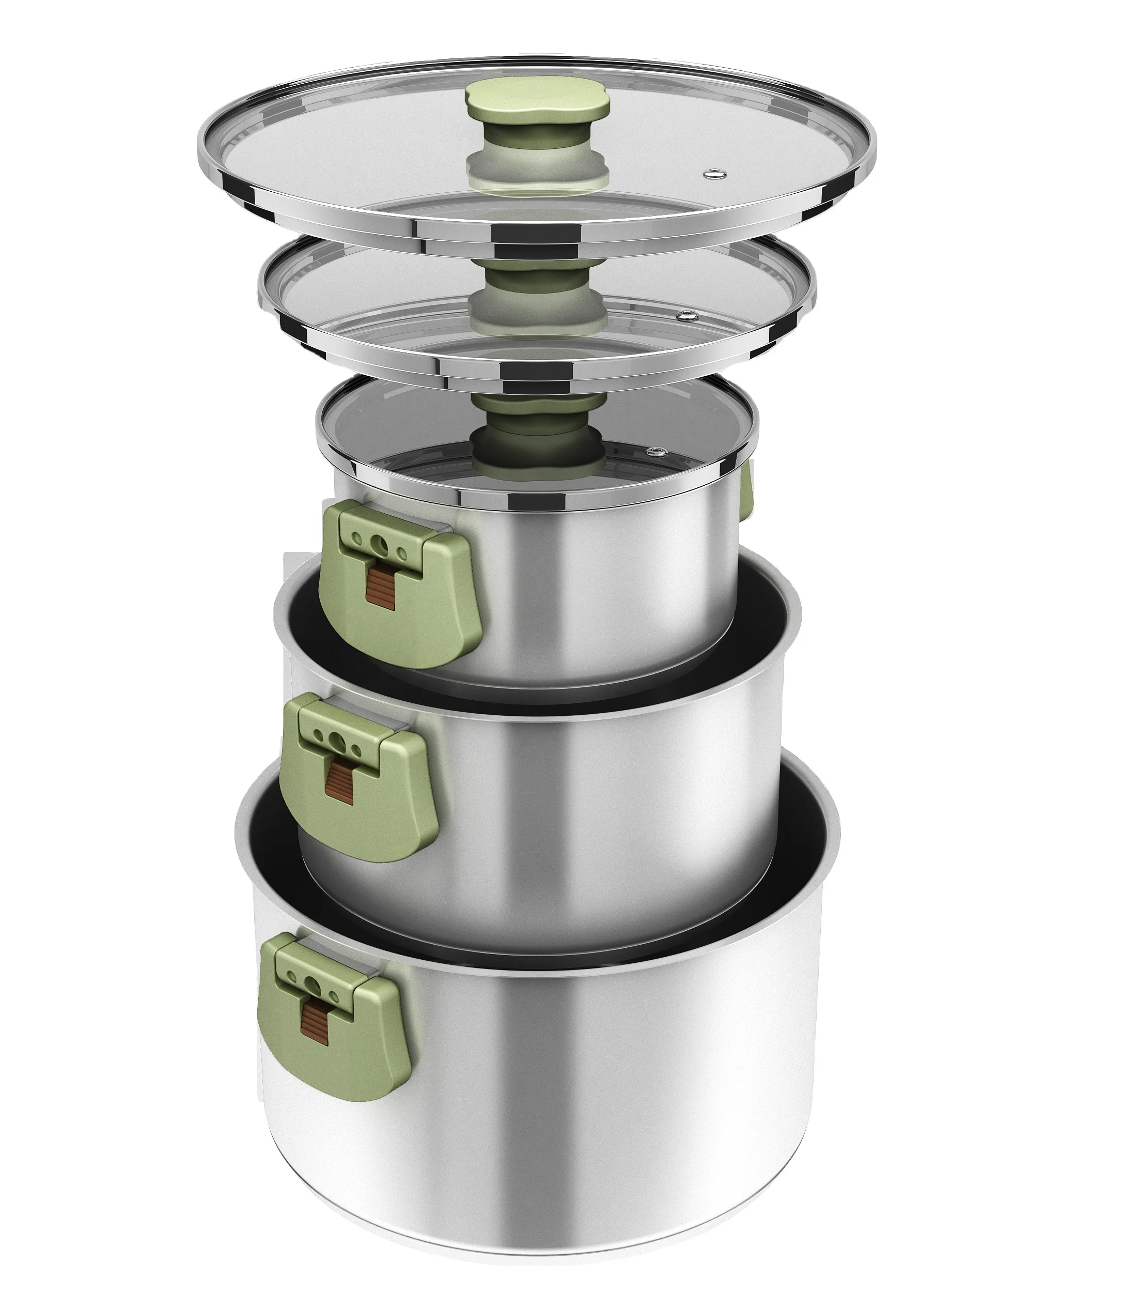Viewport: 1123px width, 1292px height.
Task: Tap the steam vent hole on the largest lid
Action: (x=712, y=174)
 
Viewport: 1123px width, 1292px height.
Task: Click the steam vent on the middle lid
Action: (x=685, y=315)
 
